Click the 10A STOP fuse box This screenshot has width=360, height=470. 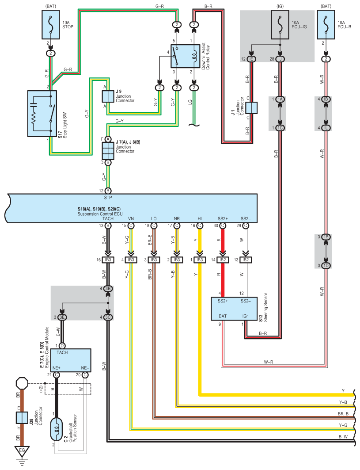(x=51, y=25)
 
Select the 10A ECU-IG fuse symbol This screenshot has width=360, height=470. (x=280, y=25)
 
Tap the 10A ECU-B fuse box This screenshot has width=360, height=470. (x=326, y=25)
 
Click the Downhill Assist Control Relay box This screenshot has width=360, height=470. (x=186, y=56)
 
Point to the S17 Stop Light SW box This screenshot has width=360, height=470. (x=42, y=114)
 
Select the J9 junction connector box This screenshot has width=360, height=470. (x=108, y=96)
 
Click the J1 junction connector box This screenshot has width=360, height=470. (x=251, y=108)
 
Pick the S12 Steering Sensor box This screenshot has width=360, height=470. (x=234, y=309)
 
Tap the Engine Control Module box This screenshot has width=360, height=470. (x=71, y=360)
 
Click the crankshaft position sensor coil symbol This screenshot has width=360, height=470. (x=57, y=430)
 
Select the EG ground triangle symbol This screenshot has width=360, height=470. (x=22, y=451)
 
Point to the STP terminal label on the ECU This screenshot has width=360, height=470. (x=108, y=198)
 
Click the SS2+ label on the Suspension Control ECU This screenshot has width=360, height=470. (x=223, y=218)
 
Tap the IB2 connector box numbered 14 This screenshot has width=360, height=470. (x=223, y=260)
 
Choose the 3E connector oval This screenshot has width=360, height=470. (x=62, y=317)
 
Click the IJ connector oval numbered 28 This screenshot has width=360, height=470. (x=280, y=59)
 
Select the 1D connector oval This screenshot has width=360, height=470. (x=326, y=266)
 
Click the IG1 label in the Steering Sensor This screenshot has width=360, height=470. (x=245, y=316)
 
